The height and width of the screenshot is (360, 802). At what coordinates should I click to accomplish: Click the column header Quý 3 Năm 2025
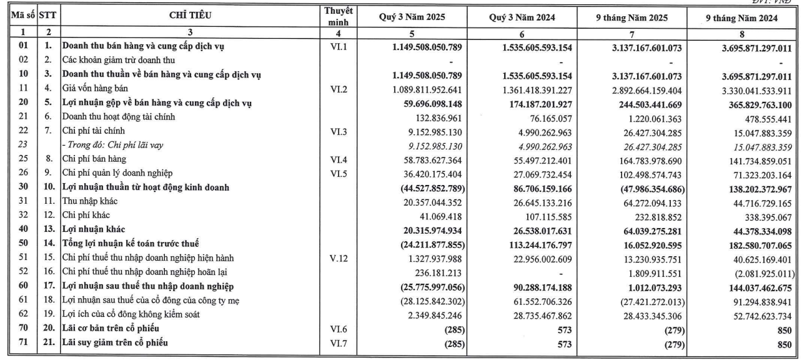(x=412, y=17)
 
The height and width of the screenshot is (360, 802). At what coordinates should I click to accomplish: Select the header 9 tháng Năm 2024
(x=741, y=18)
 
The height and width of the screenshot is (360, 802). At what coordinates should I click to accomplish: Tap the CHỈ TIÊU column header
(x=190, y=16)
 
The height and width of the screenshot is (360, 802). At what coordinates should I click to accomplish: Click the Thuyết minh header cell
(x=339, y=16)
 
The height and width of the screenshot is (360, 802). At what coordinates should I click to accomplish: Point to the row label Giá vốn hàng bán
(x=95, y=88)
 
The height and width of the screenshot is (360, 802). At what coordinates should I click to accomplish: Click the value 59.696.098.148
(x=427, y=104)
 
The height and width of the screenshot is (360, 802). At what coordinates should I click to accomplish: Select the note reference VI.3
(x=339, y=131)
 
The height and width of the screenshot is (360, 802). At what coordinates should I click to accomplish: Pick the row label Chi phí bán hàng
(x=94, y=159)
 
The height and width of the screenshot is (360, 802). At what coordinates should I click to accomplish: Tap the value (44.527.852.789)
(x=432, y=188)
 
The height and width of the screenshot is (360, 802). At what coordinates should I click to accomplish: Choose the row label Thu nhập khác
(x=90, y=201)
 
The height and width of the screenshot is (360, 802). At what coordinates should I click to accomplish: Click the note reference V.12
(x=339, y=258)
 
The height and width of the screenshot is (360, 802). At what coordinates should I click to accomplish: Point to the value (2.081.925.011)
(x=765, y=274)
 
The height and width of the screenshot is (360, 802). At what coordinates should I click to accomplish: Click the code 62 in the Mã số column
(x=23, y=314)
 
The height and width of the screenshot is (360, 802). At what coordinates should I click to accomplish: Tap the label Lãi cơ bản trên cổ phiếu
(x=111, y=329)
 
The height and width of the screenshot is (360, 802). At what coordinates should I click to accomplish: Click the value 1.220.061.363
(x=655, y=119)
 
